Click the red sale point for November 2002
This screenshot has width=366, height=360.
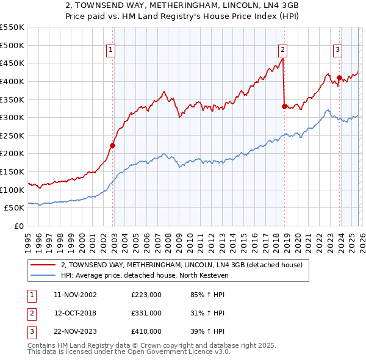113,145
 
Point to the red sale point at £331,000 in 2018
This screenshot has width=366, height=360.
284,106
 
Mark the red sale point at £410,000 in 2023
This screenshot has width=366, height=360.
339,77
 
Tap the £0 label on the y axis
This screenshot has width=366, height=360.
18,226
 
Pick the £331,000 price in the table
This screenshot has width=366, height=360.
146,312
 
